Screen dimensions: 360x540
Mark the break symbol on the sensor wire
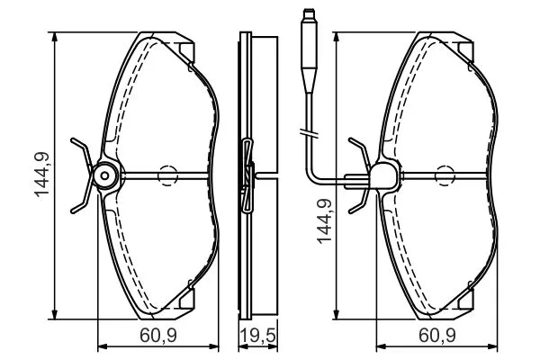(x=307, y=136)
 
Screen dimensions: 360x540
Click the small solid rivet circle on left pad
(x=105, y=175)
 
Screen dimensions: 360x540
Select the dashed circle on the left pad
(x=167, y=175)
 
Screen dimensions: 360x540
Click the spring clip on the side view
(x=248, y=175)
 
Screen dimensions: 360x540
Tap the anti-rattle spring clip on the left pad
(x=81, y=175)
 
